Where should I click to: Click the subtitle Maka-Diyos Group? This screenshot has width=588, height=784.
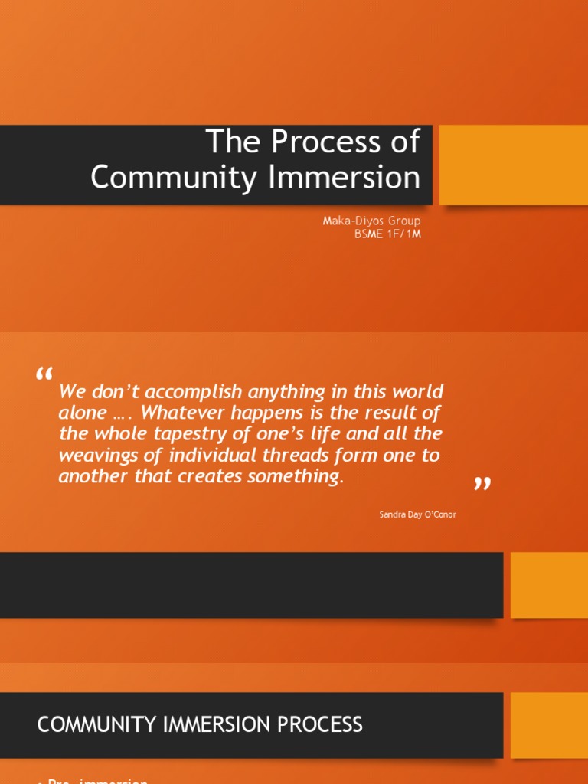pyautogui.click(x=371, y=221)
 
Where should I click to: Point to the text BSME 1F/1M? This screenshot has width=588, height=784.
pyautogui.click(x=387, y=234)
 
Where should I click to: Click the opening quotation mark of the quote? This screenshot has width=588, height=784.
pyautogui.click(x=44, y=375)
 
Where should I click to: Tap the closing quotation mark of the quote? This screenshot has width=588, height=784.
pyautogui.click(x=482, y=484)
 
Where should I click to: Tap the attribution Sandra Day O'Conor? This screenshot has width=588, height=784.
pyautogui.click(x=417, y=514)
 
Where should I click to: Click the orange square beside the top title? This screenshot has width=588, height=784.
pyautogui.click(x=513, y=165)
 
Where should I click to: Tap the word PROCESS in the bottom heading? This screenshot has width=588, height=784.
pyautogui.click(x=322, y=724)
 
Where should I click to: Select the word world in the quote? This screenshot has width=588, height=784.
pyautogui.click(x=419, y=391)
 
